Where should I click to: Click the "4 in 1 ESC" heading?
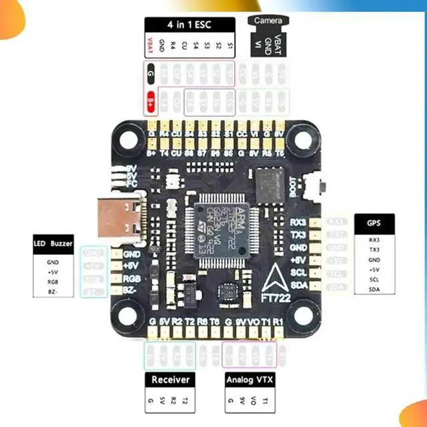(x=190, y=24)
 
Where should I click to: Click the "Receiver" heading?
(x=171, y=380)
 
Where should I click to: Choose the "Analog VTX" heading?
(x=250, y=380)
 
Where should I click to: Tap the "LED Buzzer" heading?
(x=53, y=244)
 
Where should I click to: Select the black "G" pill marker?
(x=151, y=71)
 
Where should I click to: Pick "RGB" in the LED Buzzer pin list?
(x=53, y=282)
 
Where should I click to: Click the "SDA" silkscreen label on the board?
(x=300, y=286)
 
